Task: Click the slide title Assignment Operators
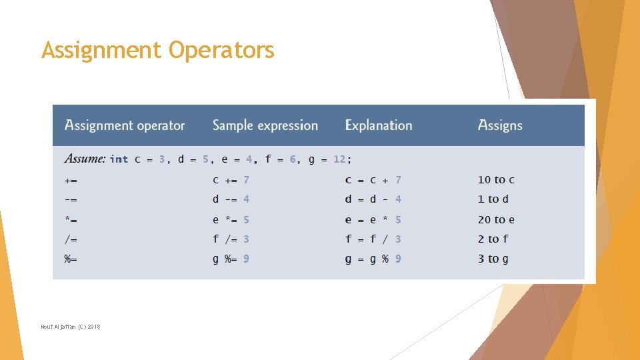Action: (157, 50)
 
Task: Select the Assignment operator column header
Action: (124, 125)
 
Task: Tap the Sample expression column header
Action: (265, 125)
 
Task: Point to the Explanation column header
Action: (378, 125)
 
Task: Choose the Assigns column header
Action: (499, 125)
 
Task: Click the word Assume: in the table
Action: (85, 159)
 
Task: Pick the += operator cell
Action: (71, 180)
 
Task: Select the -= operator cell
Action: (71, 199)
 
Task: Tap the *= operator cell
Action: (71, 219)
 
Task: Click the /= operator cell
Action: (71, 239)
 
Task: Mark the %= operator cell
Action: (71, 259)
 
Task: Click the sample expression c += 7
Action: (231, 180)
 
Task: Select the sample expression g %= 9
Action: (231, 259)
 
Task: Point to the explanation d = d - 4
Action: (373, 199)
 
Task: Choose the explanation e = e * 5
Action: (373, 219)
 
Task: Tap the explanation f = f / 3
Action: (373, 239)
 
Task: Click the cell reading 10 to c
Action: (496, 180)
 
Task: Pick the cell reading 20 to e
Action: (496, 219)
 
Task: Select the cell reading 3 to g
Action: (493, 259)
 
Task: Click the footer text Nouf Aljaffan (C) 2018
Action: (70, 327)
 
